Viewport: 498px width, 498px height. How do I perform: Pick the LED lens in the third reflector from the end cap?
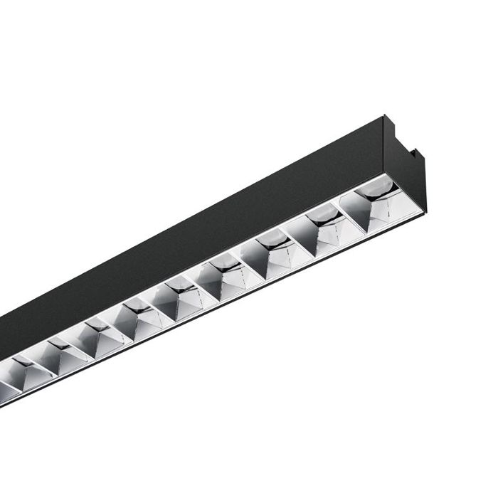tap(270, 242)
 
